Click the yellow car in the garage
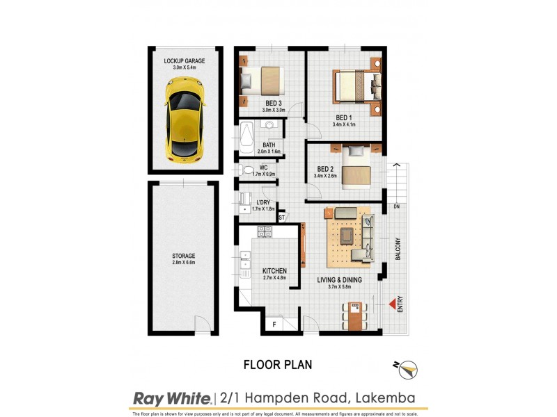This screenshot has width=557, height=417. coord(184,117)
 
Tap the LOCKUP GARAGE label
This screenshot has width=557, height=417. coord(185,61)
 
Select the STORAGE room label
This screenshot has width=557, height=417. coord(184,255)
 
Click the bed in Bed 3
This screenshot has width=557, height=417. coord(262,81)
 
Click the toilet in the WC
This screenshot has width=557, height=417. coord(247,170)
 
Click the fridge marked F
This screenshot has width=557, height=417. coord(274,323)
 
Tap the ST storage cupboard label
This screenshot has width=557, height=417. coord(282,218)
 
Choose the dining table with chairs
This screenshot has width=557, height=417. coord(355,316)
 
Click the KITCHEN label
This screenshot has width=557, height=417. coord(275,271)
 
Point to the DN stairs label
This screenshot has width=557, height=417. coord(396,206)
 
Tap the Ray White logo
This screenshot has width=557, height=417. coord(171,398)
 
